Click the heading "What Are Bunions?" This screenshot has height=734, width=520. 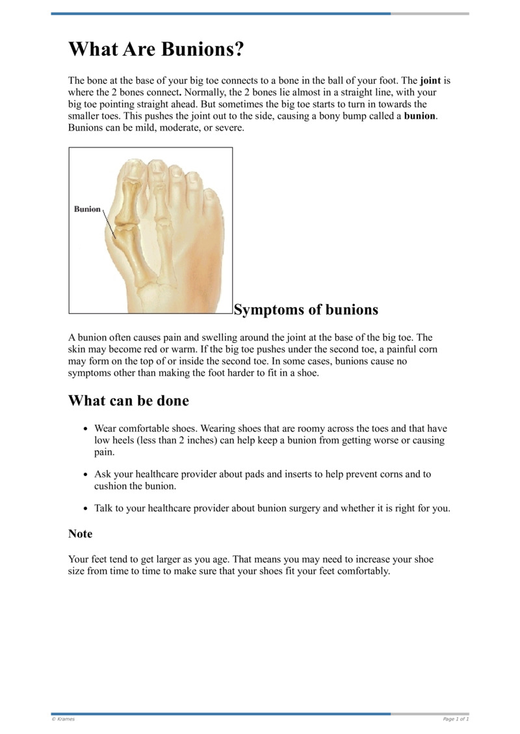pyautogui.click(x=156, y=49)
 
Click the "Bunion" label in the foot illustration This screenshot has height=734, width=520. pyautogui.click(x=87, y=209)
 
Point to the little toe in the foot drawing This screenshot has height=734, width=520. pyautogui.click(x=212, y=196)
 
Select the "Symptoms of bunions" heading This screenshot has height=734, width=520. pyautogui.click(x=305, y=310)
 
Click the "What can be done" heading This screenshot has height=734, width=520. pyautogui.click(x=129, y=401)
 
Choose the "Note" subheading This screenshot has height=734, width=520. pyautogui.click(x=81, y=534)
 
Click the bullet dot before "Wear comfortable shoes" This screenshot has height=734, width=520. pyautogui.click(x=86, y=429)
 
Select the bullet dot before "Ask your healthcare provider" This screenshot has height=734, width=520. pyautogui.click(x=86, y=475)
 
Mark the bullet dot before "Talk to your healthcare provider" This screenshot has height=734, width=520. pyautogui.click(x=86, y=509)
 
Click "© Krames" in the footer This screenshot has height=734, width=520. pyautogui.click(x=63, y=719)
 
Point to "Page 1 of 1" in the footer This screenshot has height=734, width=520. pyautogui.click(x=456, y=719)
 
